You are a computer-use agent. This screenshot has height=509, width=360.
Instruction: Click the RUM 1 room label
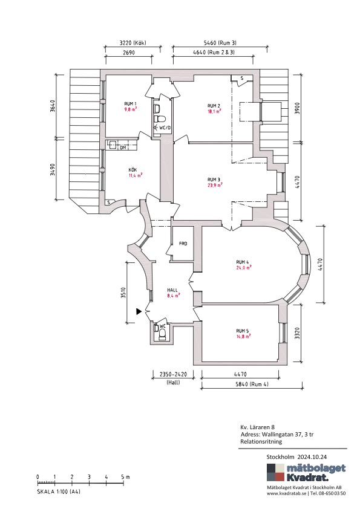130,103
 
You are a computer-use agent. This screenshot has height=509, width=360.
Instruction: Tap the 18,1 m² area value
214,111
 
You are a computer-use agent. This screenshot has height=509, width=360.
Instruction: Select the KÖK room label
133,170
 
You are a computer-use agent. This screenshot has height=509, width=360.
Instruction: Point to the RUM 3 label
214,180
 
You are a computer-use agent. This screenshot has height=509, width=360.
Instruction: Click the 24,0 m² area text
244,268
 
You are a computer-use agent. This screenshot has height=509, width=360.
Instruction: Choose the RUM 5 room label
243,331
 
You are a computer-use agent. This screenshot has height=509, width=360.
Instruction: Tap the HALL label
172,290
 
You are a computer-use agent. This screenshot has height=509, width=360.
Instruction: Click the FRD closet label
183,244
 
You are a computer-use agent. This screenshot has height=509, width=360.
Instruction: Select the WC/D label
165,128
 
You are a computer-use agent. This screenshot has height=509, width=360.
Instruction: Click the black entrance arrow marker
139,312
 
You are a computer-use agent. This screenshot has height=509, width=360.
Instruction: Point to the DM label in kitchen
123,148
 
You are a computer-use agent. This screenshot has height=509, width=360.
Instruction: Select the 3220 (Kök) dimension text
133,42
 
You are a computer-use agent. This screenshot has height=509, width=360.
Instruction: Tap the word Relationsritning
261,441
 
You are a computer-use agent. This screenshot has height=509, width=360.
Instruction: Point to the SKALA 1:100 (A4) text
59,491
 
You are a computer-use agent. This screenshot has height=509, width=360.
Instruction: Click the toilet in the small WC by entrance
162,334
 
